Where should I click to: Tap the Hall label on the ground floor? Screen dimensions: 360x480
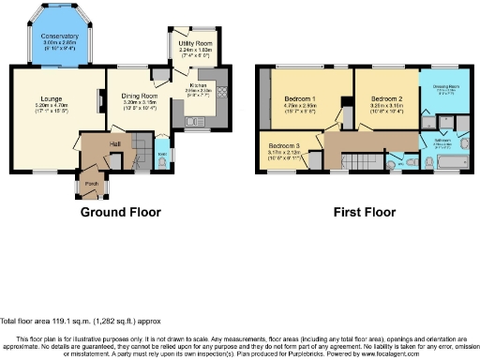114,142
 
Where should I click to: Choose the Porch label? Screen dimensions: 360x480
92,184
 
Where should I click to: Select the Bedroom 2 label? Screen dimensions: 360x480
384,97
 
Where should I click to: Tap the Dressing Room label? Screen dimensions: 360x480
445,87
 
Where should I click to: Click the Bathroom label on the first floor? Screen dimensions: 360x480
443,141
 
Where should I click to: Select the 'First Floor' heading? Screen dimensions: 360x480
362,213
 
